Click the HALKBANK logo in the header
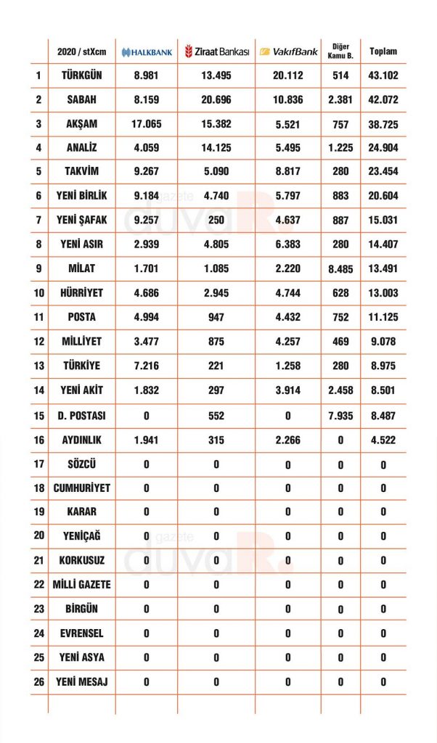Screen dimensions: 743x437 (x=146, y=52)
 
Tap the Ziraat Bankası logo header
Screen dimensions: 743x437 (x=216, y=52)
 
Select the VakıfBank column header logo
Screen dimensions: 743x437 (x=288, y=52)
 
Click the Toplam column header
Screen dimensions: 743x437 (x=383, y=52)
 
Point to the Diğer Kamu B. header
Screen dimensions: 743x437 (x=340, y=52)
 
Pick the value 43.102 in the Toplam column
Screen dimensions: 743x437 (x=383, y=75)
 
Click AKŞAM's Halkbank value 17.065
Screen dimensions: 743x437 (x=146, y=124)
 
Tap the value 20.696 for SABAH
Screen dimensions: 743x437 (x=216, y=99)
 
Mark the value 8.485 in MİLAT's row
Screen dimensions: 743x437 (x=340, y=269)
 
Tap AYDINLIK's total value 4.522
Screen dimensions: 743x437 (x=383, y=439)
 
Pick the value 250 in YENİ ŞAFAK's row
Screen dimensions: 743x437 (x=216, y=221)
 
